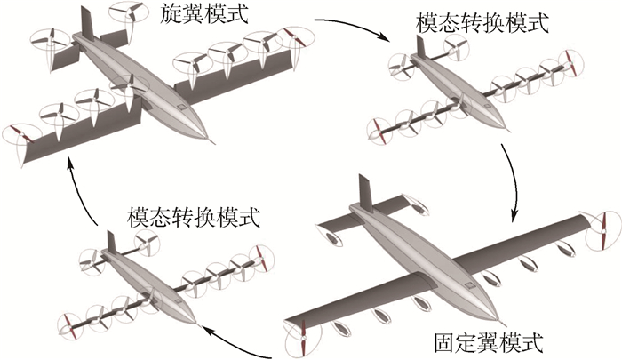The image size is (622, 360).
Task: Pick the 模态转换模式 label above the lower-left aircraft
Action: [x=195, y=215]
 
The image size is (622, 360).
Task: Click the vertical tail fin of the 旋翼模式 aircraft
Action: [x=86, y=22]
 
